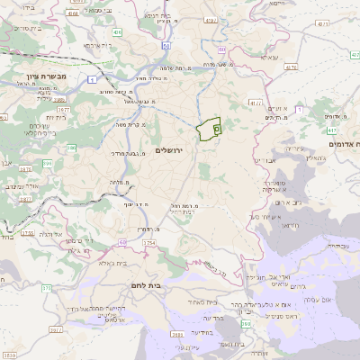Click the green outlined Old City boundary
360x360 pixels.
click(211, 129)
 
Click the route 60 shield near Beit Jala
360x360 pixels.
click(122, 242)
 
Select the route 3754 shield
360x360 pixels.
click(149, 242)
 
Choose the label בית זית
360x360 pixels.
click(56, 117)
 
